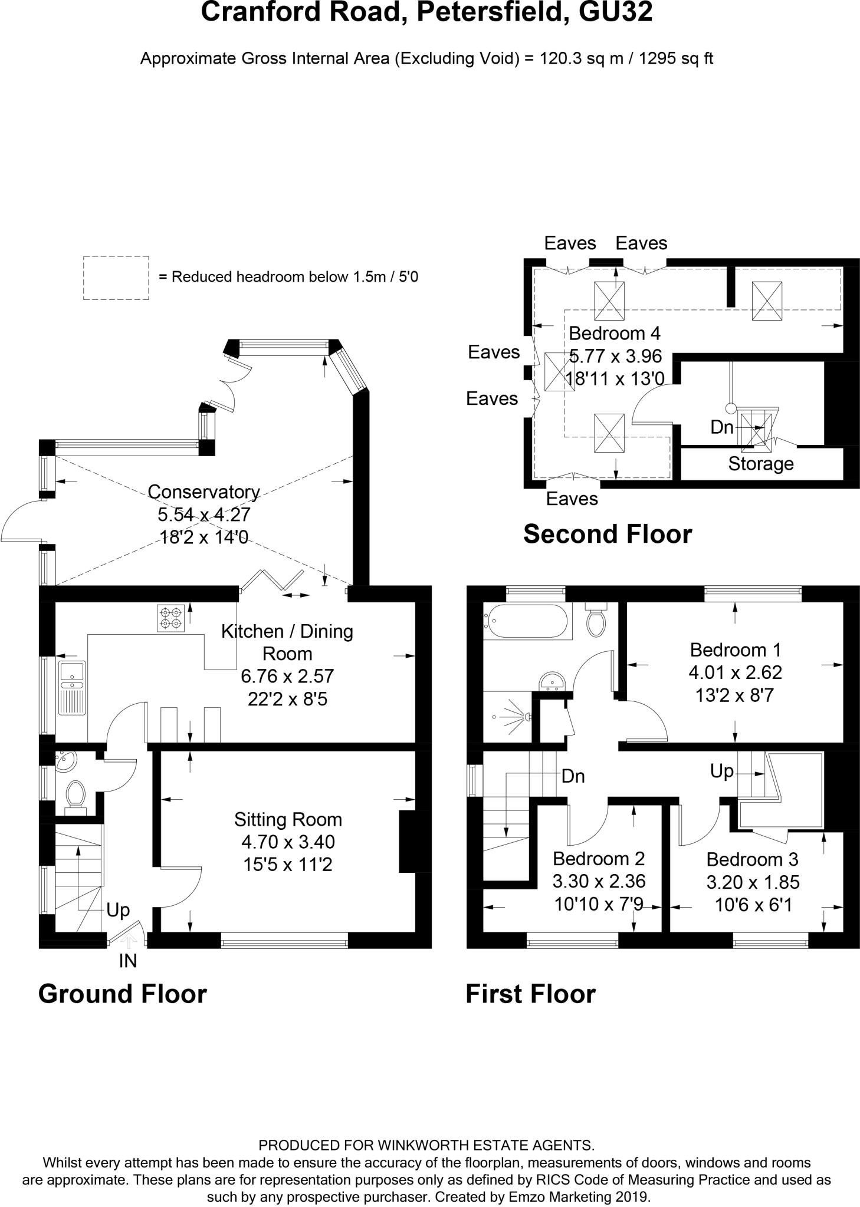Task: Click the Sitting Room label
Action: [288, 820]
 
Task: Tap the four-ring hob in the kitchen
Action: [170, 618]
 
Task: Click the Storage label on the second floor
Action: [761, 464]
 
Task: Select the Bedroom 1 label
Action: [736, 650]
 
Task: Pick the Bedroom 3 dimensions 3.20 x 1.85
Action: [753, 882]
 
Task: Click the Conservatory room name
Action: [203, 492]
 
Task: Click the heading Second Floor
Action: [608, 534]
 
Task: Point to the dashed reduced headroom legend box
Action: [116, 278]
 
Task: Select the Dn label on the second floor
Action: [722, 427]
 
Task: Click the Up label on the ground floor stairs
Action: [118, 911]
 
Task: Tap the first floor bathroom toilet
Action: [596, 619]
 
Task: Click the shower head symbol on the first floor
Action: [525, 717]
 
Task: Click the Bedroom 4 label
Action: [614, 334]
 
